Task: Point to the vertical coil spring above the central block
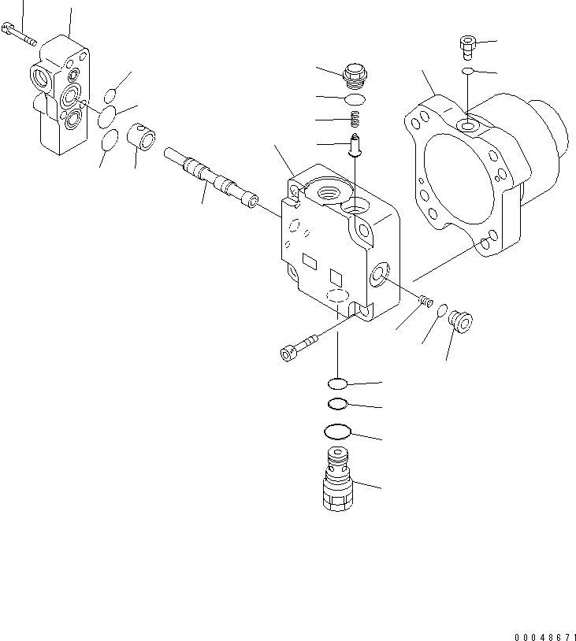[x=355, y=119]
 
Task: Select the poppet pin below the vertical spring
[x=355, y=145]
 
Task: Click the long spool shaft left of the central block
[x=211, y=180]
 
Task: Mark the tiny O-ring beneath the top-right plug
[x=468, y=72]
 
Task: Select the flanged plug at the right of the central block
[x=459, y=320]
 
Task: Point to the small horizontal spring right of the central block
[x=427, y=300]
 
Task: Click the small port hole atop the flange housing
[x=468, y=125]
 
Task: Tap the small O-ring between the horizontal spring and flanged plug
[x=443, y=309]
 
